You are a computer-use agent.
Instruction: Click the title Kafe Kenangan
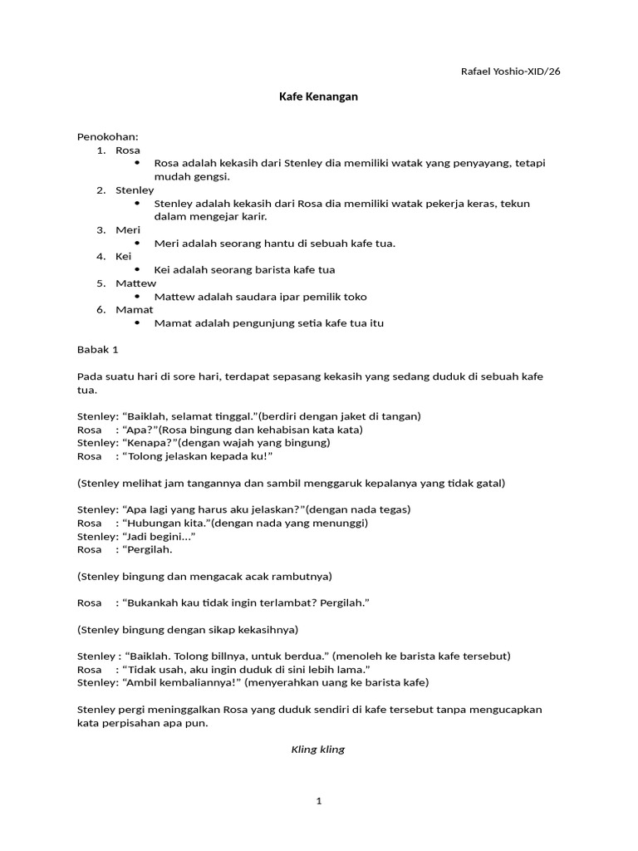pyautogui.click(x=318, y=97)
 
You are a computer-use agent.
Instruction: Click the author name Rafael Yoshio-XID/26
pyautogui.click(x=510, y=71)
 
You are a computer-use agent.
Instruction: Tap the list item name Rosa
pyautogui.click(x=128, y=150)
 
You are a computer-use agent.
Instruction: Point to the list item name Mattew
pyautogui.click(x=135, y=283)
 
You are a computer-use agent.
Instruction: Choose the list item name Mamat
pyautogui.click(x=134, y=310)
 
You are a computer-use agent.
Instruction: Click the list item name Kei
pyautogui.click(x=124, y=257)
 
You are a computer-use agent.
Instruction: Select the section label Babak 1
pyautogui.click(x=98, y=350)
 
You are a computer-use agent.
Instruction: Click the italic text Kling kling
pyautogui.click(x=317, y=750)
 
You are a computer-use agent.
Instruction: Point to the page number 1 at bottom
pyautogui.click(x=318, y=801)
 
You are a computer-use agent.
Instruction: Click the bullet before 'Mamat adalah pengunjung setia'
pyautogui.click(x=137, y=323)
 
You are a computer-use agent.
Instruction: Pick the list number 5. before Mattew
pyautogui.click(x=101, y=283)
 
